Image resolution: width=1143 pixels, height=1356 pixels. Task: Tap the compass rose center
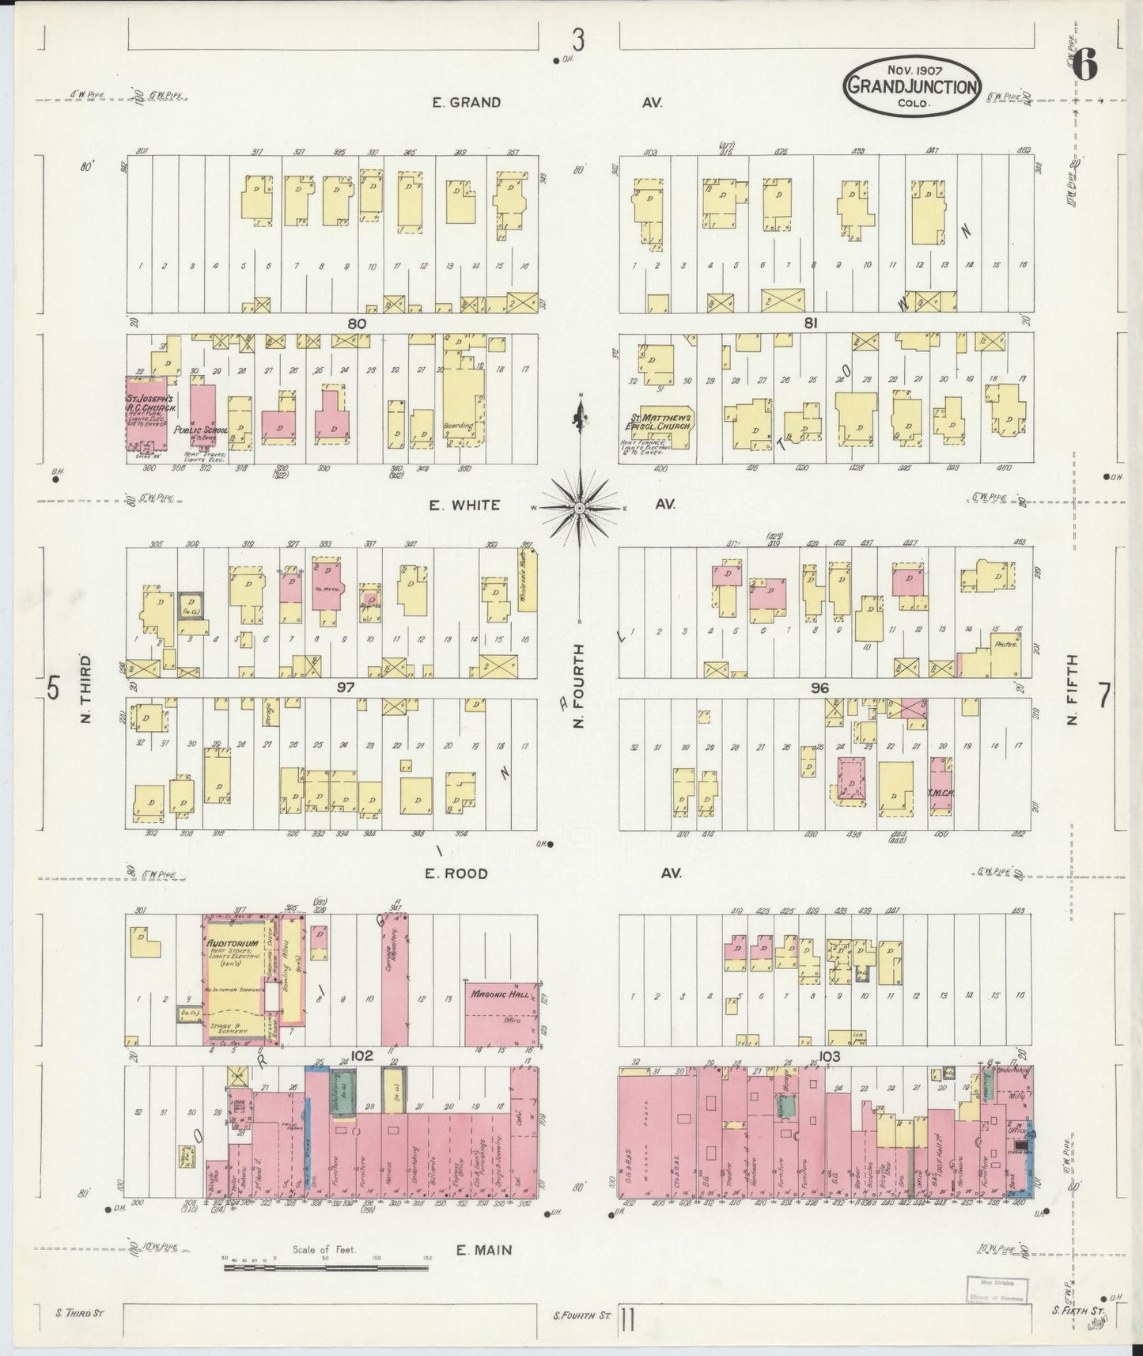click(x=579, y=507)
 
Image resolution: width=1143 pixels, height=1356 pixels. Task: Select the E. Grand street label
click(x=466, y=102)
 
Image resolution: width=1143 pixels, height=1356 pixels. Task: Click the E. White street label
click(x=464, y=505)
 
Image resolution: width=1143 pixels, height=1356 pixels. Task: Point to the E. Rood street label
click(x=456, y=873)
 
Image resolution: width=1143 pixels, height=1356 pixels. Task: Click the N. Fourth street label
click(x=579, y=685)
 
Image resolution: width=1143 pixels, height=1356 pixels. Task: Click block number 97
click(x=345, y=687)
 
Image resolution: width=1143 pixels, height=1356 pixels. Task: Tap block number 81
click(x=810, y=323)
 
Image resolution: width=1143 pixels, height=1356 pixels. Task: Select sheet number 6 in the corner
click(x=1085, y=65)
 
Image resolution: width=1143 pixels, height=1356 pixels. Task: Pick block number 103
click(x=830, y=1056)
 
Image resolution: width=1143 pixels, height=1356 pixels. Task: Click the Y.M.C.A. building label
click(x=941, y=791)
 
